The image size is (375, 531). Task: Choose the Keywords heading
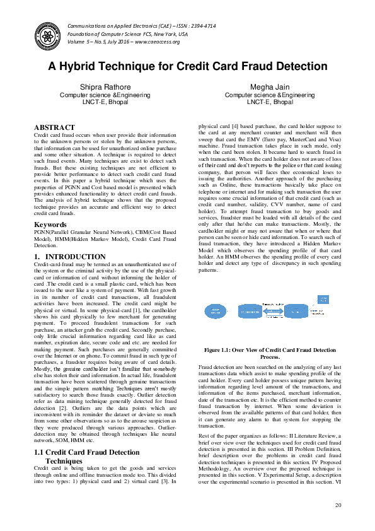[50, 224]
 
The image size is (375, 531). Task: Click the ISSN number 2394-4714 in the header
[188, 26]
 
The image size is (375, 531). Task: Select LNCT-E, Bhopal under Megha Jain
[270, 102]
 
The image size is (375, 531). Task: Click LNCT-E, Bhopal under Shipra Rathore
[105, 102]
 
